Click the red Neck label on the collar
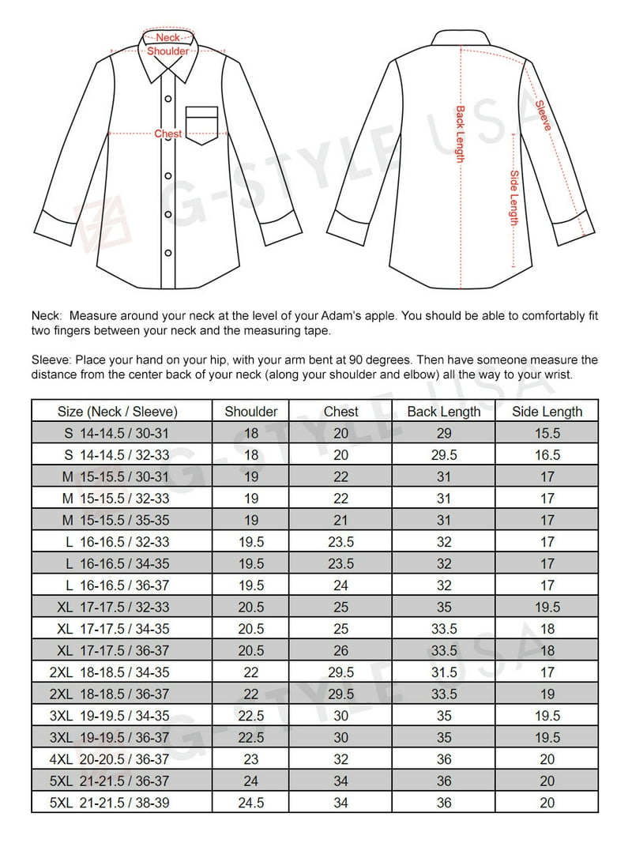167,38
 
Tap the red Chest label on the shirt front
167,134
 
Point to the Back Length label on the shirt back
460,134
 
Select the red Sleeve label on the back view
543,115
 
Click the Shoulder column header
251,412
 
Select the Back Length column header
443,412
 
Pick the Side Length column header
547,412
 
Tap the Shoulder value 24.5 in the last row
251,803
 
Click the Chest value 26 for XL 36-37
340,651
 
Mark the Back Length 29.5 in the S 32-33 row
443,455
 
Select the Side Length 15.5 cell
547,433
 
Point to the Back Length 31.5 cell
443,672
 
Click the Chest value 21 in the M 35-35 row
340,520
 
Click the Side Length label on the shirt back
513,198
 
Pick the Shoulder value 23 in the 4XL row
251,759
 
